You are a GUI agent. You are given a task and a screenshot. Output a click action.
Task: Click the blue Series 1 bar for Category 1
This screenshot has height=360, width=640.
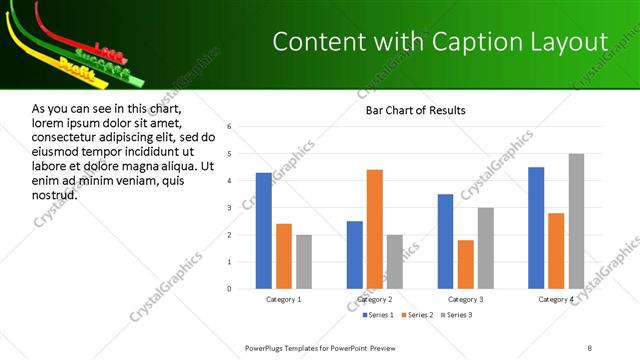263,231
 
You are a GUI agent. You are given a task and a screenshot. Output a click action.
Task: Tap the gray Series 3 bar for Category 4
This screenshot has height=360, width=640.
576,221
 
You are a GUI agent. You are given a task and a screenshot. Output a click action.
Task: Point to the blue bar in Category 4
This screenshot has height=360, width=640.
536,228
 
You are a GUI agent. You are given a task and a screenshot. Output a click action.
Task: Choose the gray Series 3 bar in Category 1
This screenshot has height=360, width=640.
304,262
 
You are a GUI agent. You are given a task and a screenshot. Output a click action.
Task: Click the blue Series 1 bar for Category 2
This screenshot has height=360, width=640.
355,255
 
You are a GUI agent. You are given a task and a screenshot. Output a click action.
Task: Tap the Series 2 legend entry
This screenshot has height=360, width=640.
415,316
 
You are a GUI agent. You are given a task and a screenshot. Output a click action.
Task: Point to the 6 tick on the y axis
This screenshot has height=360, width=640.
229,127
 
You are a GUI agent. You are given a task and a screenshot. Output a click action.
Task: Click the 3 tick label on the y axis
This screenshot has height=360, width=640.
229,208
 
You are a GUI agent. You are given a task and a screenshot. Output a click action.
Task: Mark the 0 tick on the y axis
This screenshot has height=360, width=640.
229,289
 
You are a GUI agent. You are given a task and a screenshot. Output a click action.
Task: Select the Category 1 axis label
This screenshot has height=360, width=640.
283,299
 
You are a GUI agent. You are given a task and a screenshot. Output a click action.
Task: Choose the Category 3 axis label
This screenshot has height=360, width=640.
466,299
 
